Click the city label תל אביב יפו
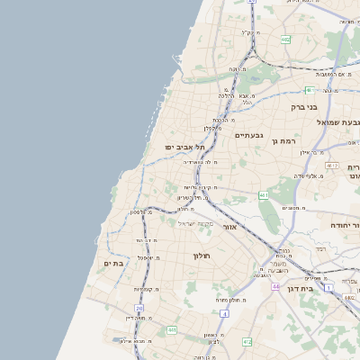(x=185, y=146)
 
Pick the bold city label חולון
(x=201, y=256)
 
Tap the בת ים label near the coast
(x=112, y=263)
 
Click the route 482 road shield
(x=285, y=40)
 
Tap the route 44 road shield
(x=274, y=286)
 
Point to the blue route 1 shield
(x=328, y=286)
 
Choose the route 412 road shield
(x=247, y=342)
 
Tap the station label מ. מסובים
(x=292, y=208)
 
